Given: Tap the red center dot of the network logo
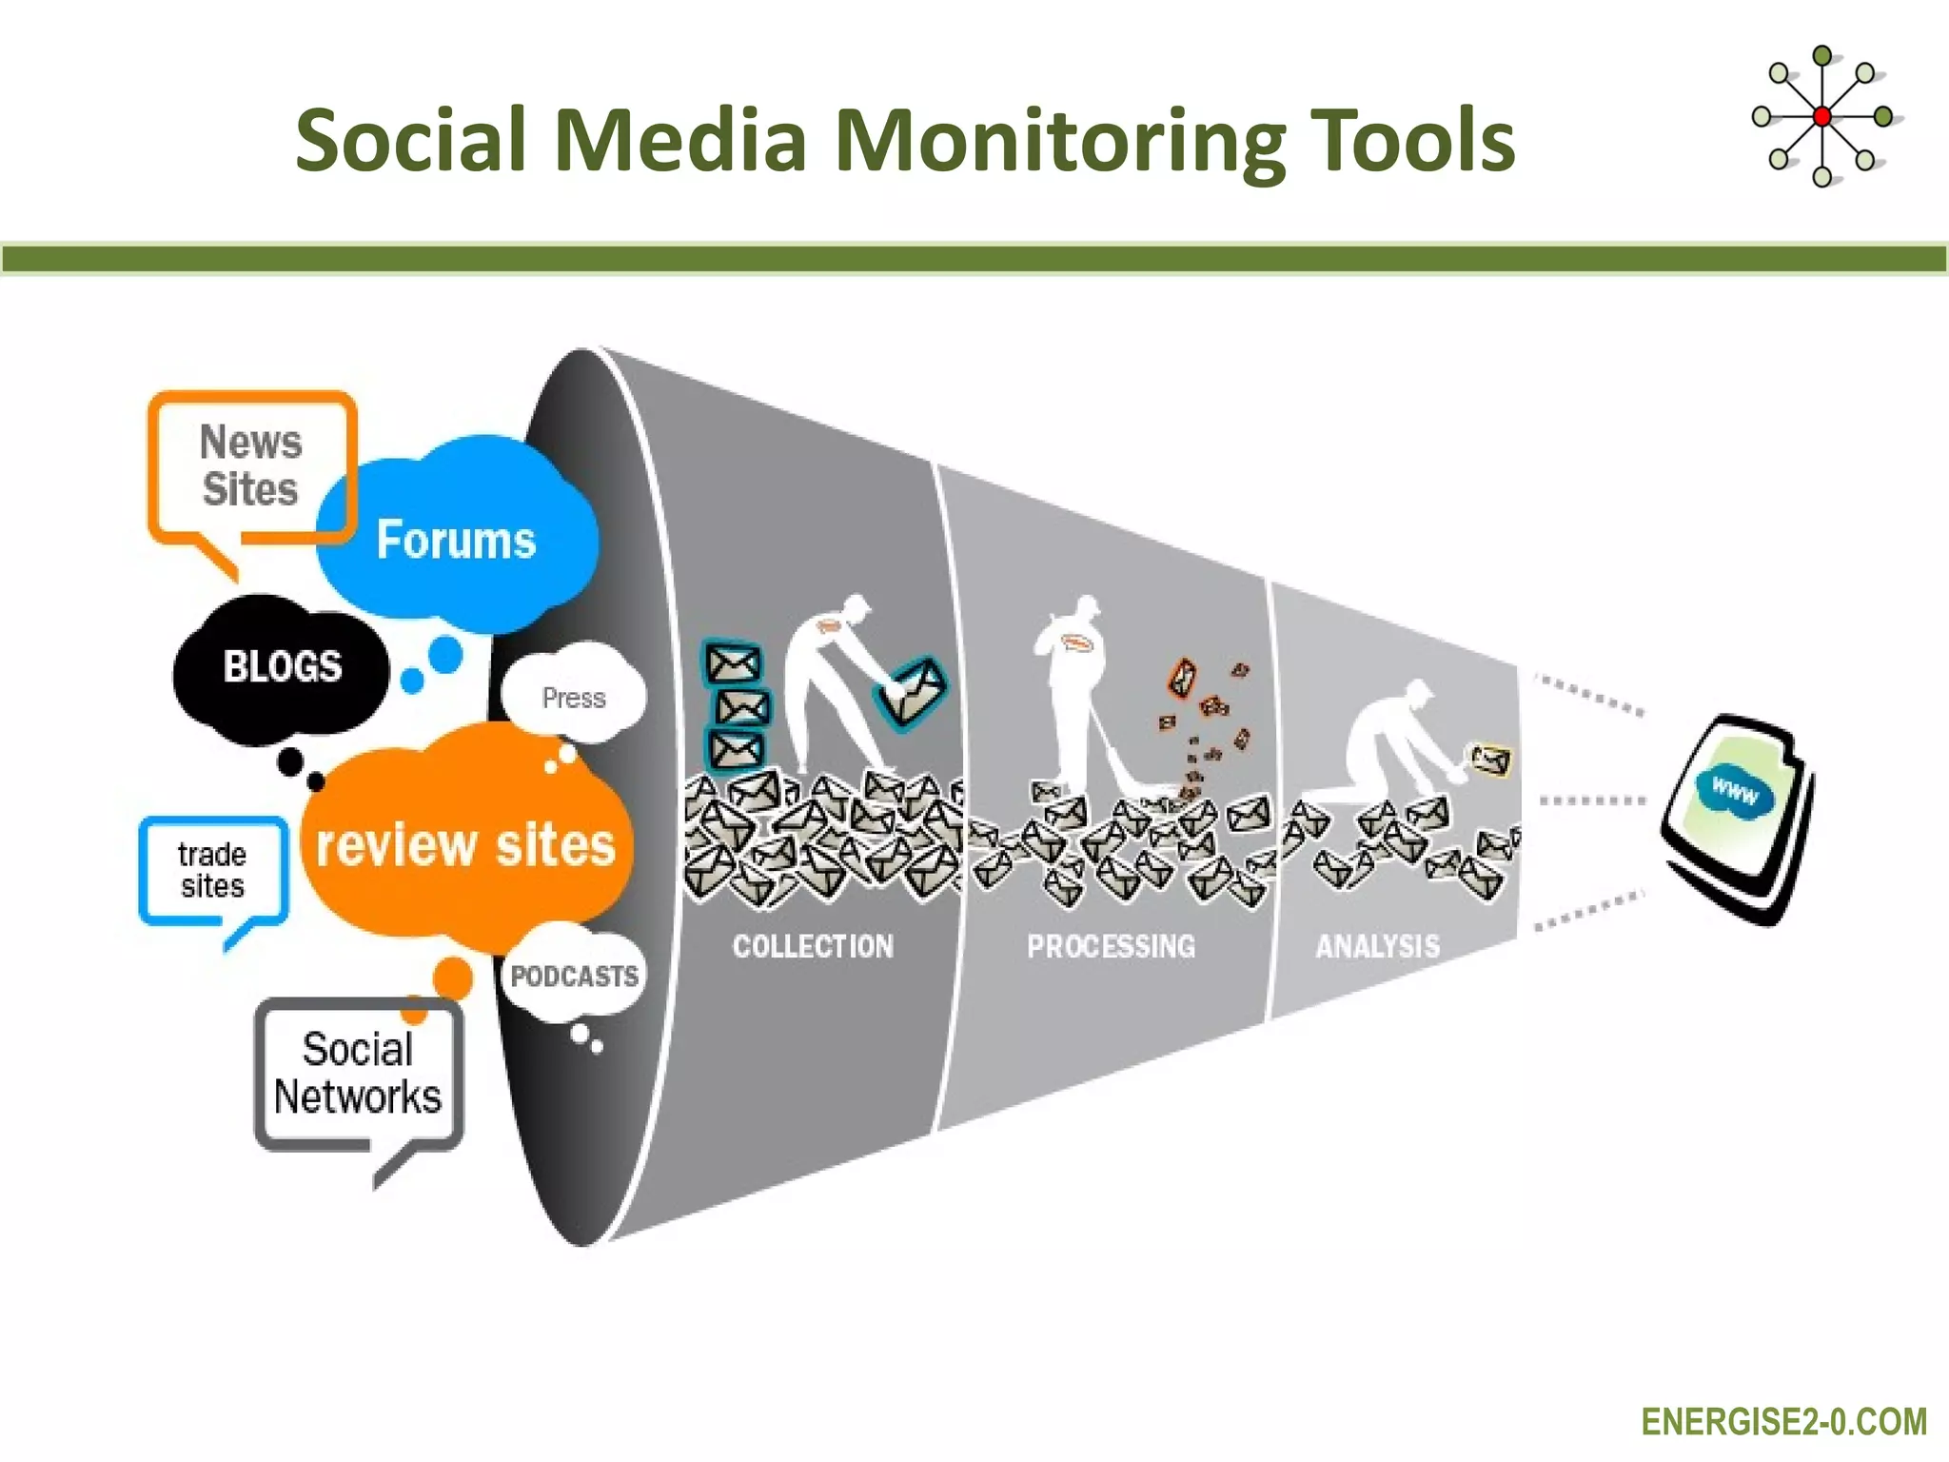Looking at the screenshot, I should [x=1821, y=117].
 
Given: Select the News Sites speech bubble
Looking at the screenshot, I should [x=251, y=466].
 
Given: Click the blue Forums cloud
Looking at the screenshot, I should [x=457, y=539].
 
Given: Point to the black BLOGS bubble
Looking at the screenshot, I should [x=282, y=666].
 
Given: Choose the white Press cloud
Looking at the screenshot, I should [x=574, y=698].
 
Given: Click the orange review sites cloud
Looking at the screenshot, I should [x=465, y=844].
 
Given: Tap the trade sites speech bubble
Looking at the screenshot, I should [x=212, y=870].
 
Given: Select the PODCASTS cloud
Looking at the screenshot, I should [x=574, y=976].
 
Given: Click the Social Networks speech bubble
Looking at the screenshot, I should [x=358, y=1073].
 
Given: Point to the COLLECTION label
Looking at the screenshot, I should [x=813, y=946].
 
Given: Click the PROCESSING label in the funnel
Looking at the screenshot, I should [x=1111, y=946].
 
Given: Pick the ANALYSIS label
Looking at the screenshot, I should [x=1377, y=946].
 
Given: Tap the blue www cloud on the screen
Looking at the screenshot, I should [x=1735, y=790].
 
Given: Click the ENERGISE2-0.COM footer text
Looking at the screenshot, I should [x=1783, y=1422].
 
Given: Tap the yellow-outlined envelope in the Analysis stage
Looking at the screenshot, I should [x=1490, y=760].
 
